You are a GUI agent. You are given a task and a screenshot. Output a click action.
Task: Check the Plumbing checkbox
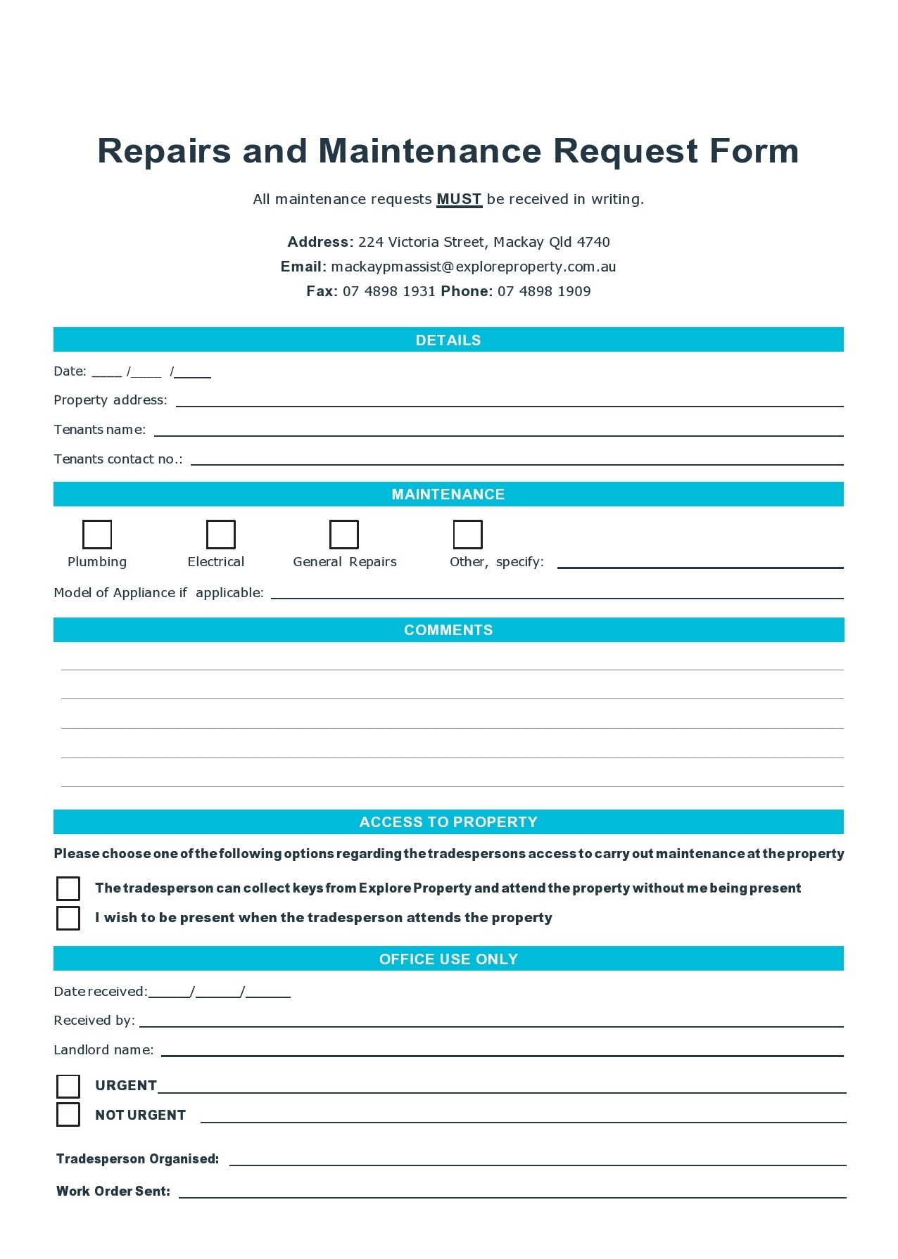tap(97, 535)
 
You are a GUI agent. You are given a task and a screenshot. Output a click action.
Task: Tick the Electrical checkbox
tap(220, 535)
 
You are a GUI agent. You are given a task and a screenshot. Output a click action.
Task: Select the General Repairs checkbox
tap(344, 535)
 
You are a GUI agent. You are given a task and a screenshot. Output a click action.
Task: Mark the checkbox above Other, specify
tap(467, 535)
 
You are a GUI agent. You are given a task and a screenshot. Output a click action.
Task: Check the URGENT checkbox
tap(68, 1086)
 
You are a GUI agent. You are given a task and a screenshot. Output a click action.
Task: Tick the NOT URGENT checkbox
tap(68, 1115)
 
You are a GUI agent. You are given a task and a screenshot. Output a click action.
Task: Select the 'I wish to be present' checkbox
tap(68, 918)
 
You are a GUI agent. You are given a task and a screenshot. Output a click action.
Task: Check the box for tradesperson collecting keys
tap(68, 888)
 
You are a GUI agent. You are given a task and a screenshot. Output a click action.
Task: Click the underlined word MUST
tap(459, 199)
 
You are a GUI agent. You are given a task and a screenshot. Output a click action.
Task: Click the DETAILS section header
tap(448, 340)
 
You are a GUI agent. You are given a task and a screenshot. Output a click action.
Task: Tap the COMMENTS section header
tap(448, 630)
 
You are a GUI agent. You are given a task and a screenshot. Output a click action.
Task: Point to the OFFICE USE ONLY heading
tap(448, 959)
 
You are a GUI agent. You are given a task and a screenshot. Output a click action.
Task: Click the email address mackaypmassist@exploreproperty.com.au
tap(473, 267)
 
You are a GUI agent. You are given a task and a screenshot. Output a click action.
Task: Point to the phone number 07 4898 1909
tap(544, 291)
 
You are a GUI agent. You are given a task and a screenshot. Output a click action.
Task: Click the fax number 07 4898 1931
tap(388, 291)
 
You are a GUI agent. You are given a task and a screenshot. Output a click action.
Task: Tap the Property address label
tap(110, 400)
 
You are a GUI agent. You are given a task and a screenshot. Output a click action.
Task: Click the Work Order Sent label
tap(113, 1191)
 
